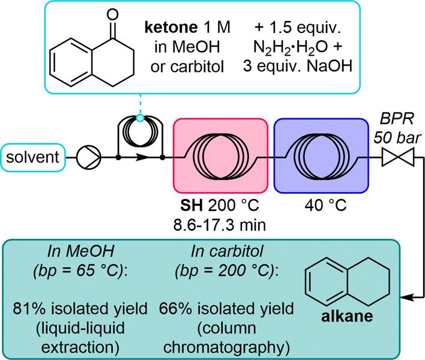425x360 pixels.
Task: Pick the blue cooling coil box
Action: [321, 157]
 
